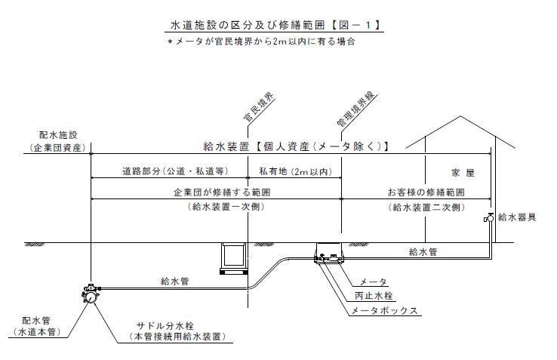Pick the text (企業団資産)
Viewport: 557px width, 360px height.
click(x=57, y=146)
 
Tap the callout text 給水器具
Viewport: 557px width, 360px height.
click(x=521, y=218)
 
